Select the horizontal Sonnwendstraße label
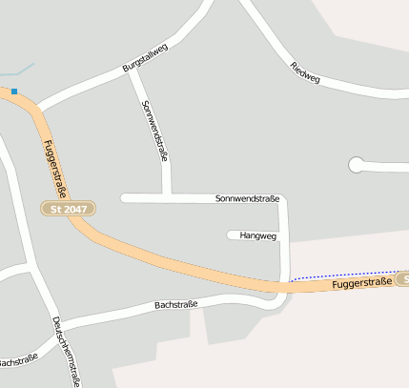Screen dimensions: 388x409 (247, 198)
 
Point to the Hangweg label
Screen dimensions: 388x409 (257, 235)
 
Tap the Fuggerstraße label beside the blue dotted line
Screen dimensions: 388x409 (362, 284)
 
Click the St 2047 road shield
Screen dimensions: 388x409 (69, 208)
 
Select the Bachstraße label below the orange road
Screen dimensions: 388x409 (175, 305)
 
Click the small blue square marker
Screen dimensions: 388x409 (14, 92)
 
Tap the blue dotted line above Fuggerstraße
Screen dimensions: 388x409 (343, 275)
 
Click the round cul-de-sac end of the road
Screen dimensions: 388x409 (357, 166)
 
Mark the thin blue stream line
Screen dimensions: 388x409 (17, 71)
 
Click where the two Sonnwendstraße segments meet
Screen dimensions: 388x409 (167, 198)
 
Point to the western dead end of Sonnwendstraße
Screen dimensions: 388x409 (124, 198)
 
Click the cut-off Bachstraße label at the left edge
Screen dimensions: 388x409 (17, 361)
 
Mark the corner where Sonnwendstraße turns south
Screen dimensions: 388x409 (283, 199)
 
